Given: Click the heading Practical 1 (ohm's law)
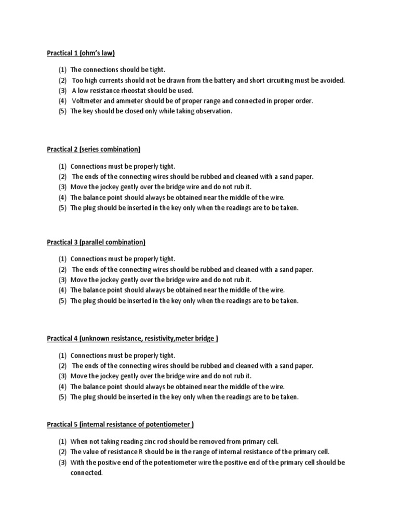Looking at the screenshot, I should (81, 53).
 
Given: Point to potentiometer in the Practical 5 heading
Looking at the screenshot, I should (168, 424).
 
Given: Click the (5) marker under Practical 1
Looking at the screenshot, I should (62, 111).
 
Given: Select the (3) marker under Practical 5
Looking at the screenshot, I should (62, 462).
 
